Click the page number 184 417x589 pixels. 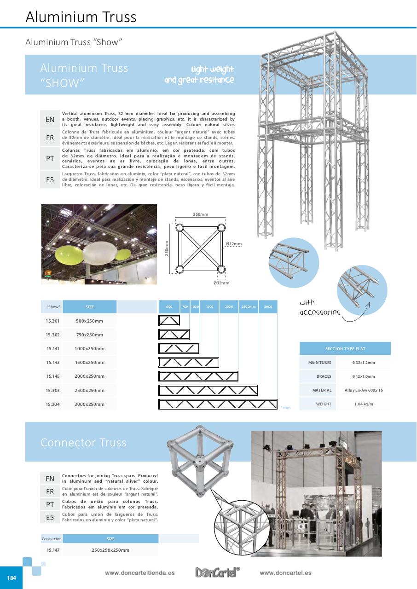pyautogui.click(x=11, y=577)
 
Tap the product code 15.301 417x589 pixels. pyautogui.click(x=52, y=321)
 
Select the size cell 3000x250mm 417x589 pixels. pyautogui.click(x=89, y=404)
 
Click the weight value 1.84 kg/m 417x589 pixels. pyautogui.click(x=364, y=404)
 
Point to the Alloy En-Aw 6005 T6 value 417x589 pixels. pyautogui.click(x=364, y=390)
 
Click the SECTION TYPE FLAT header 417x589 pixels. pyautogui.click(x=345, y=349)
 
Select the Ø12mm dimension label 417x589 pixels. pyautogui.click(x=234, y=244)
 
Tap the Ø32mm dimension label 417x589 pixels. pyautogui.click(x=221, y=283)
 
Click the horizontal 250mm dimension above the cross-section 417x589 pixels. pyautogui.click(x=200, y=214)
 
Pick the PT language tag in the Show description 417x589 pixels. pyautogui.click(x=50, y=158)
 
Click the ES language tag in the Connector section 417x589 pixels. pyautogui.click(x=50, y=518)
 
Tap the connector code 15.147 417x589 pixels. pyautogui.click(x=53, y=550)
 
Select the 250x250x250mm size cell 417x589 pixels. pyautogui.click(x=110, y=550)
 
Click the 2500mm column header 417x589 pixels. pyautogui.click(x=248, y=306)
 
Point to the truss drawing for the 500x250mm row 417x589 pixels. pyautogui.click(x=169, y=320)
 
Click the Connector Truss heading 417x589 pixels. pyautogui.click(x=83, y=442)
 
